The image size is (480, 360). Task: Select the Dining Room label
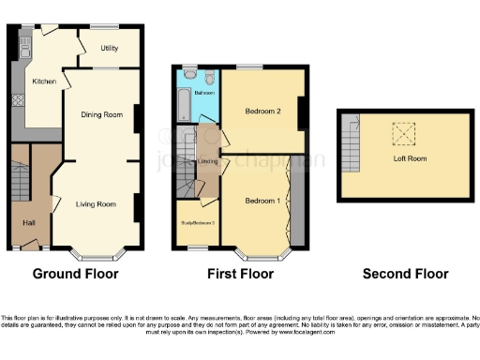pyautogui.click(x=100, y=114)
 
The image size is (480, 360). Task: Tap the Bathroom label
pyautogui.click(x=205, y=93)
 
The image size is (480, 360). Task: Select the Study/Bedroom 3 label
pyautogui.click(x=197, y=222)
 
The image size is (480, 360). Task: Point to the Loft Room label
pyautogui.click(x=410, y=159)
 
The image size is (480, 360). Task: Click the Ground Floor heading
pyautogui.click(x=75, y=275)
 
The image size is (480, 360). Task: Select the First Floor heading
pyautogui.click(x=240, y=275)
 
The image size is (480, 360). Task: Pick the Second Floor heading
pyautogui.click(x=406, y=275)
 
